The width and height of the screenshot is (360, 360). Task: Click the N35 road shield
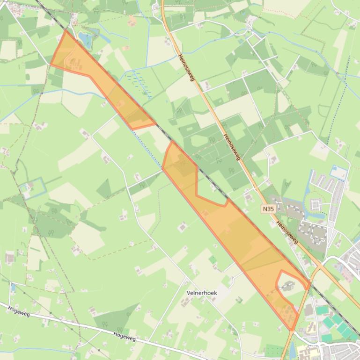[x=268, y=209]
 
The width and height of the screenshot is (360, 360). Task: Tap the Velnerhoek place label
[x=201, y=293]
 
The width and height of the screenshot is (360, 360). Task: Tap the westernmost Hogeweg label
[x=19, y=311]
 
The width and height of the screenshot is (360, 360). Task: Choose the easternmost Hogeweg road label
[x=125, y=336]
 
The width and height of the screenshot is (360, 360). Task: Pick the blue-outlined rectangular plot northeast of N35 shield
[x=339, y=173]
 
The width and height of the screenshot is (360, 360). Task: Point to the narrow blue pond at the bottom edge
[x=293, y=349]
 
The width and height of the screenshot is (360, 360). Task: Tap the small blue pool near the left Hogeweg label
[x=13, y=287]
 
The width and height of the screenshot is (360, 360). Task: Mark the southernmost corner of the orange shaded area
[x=291, y=330]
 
